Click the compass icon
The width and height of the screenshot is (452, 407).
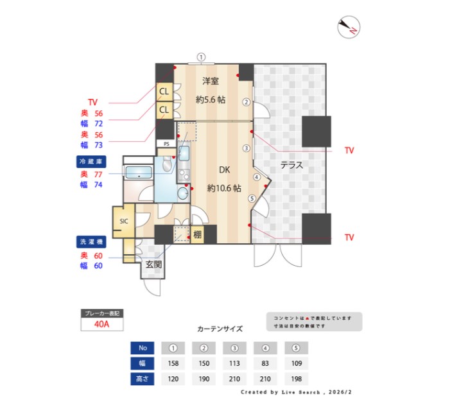pyautogui.click(x=349, y=27)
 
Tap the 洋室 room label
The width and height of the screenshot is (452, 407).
pyautogui.click(x=211, y=81)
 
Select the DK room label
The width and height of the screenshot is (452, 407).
pyautogui.click(x=224, y=170)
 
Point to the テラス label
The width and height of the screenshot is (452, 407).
pyautogui.click(x=291, y=165)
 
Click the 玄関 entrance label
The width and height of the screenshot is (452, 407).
pyautogui.click(x=153, y=264)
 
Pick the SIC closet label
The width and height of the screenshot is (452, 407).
pyautogui.click(x=123, y=221)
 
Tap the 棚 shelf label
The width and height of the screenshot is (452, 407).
pyautogui.click(x=197, y=235)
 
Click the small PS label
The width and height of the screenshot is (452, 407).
pyautogui.click(x=166, y=144)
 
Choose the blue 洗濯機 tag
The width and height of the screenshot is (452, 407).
pyautogui.click(x=91, y=243)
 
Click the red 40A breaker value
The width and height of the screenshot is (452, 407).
pyautogui.click(x=101, y=325)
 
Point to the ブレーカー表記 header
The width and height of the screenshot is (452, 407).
pyautogui.click(x=101, y=313)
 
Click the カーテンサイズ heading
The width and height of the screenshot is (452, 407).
pyautogui.click(x=220, y=329)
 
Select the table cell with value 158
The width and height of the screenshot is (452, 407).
pyautogui.click(x=173, y=363)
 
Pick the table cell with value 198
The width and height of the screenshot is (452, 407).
pyautogui.click(x=296, y=379)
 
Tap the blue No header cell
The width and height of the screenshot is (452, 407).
pyautogui.click(x=143, y=348)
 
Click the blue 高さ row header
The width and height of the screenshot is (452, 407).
pyautogui.click(x=143, y=379)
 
